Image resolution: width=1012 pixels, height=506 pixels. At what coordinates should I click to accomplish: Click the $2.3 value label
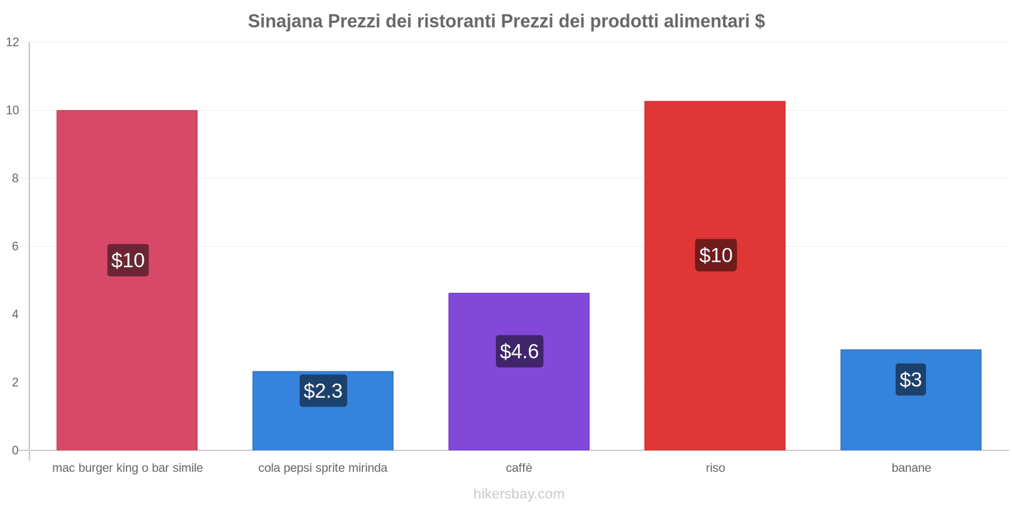323,391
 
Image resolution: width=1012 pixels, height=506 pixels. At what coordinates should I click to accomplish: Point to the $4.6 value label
519,351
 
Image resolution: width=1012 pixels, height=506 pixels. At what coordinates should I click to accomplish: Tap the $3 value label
911,379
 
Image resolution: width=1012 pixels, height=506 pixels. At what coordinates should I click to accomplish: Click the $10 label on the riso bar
715,255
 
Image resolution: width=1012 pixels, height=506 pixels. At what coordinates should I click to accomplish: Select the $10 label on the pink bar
128,260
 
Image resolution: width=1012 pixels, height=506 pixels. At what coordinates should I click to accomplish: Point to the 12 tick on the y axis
13,42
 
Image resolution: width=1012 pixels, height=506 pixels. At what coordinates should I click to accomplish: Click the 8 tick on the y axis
15,178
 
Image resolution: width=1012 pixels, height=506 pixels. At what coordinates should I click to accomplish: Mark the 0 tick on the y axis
15,450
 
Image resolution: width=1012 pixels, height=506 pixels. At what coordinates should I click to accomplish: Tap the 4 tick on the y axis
15,314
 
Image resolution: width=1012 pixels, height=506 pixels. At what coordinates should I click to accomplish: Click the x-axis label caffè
519,468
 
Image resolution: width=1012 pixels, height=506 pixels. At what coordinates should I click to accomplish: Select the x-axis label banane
911,468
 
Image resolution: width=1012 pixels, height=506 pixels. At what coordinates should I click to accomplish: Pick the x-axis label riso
715,468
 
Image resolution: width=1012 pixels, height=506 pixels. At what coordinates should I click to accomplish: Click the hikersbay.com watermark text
519,494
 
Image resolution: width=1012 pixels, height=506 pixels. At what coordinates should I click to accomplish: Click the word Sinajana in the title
285,22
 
